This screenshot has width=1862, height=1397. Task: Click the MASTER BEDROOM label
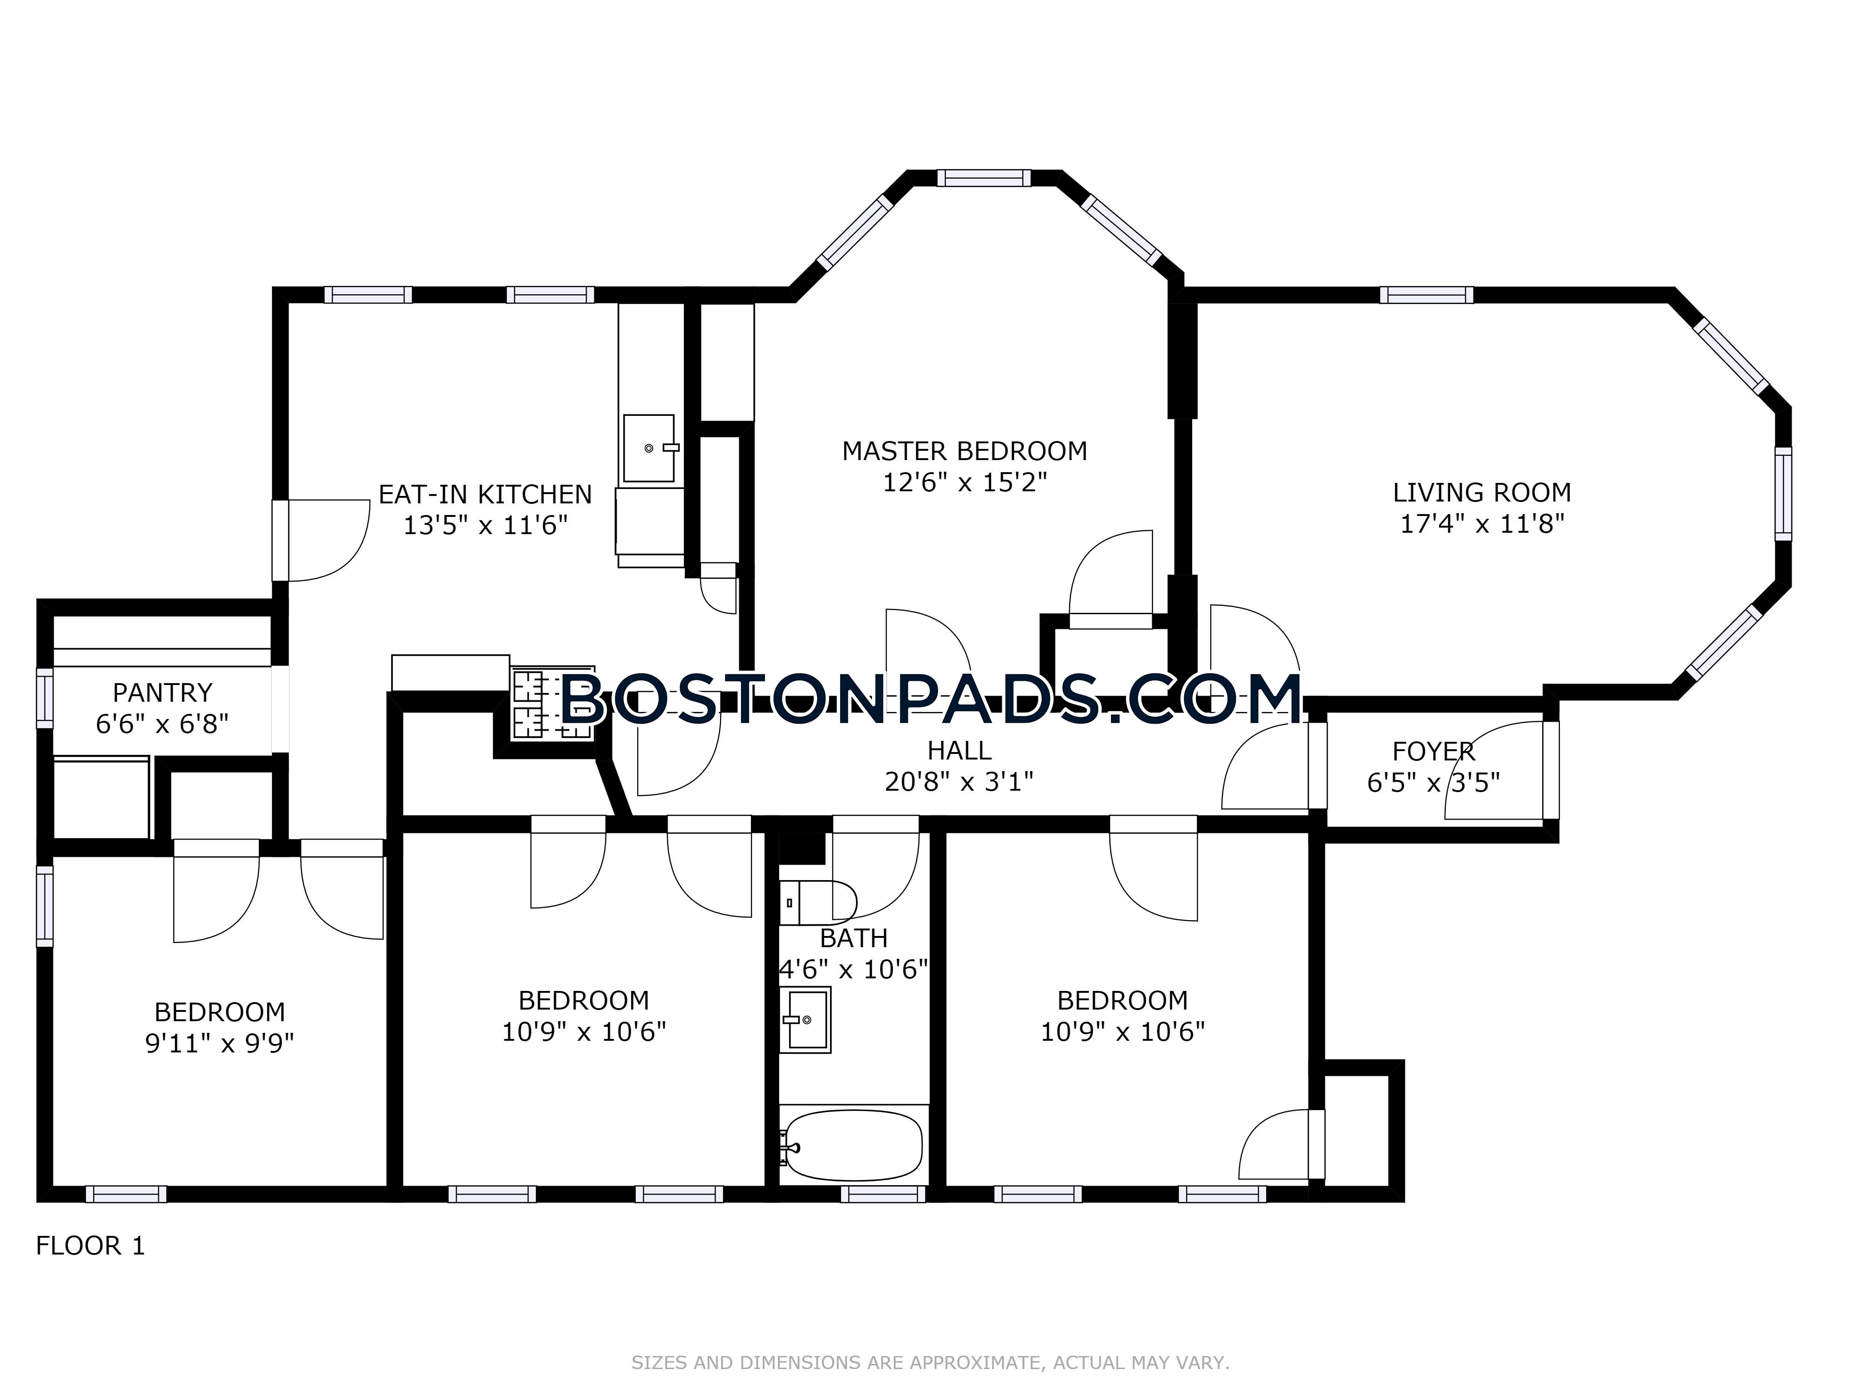pyautogui.click(x=965, y=451)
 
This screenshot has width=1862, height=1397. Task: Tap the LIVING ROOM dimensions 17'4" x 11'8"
pyautogui.click(x=1482, y=524)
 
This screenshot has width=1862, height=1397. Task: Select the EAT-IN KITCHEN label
pyautogui.click(x=485, y=494)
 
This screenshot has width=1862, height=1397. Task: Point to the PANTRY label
pyautogui.click(x=162, y=693)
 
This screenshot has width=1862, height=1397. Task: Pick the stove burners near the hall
pyautogui.click(x=552, y=704)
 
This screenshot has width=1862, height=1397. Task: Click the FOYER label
pyautogui.click(x=1434, y=751)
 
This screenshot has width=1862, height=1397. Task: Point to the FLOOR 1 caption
pyautogui.click(x=90, y=1246)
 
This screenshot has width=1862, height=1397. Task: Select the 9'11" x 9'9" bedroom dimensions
pyautogui.click(x=220, y=1044)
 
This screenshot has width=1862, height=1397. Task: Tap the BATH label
pyautogui.click(x=854, y=938)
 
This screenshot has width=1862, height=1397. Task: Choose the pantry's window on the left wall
pyautogui.click(x=45, y=698)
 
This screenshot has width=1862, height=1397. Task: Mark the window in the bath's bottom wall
pyautogui.click(x=883, y=1194)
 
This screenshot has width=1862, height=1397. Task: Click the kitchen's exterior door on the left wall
pyautogui.click(x=280, y=541)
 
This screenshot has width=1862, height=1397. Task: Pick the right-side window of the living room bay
pyautogui.click(x=1783, y=494)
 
